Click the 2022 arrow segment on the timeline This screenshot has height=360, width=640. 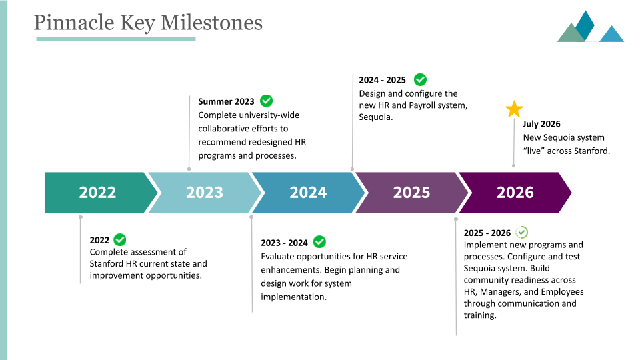pos(97,193)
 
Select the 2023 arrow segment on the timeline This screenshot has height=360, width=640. pos(204,193)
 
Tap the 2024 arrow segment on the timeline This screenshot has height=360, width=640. pos(308,193)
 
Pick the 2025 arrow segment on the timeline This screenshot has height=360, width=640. pos(411,193)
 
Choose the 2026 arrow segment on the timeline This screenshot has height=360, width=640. pos(515,193)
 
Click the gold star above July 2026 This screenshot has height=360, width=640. pos(514,109)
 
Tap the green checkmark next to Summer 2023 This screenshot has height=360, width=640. pos(266,101)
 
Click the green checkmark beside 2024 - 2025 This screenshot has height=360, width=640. pos(420,79)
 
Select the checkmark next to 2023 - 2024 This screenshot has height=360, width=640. pos(319,242)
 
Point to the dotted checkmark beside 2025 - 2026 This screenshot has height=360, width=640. pos(522,232)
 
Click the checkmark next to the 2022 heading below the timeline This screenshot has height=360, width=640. pos(120,239)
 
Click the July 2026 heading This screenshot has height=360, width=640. pos(541,124)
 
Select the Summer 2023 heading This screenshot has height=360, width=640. pos(226,102)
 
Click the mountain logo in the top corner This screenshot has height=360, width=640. pos(590,27)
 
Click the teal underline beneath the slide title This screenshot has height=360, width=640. pos(115,39)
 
